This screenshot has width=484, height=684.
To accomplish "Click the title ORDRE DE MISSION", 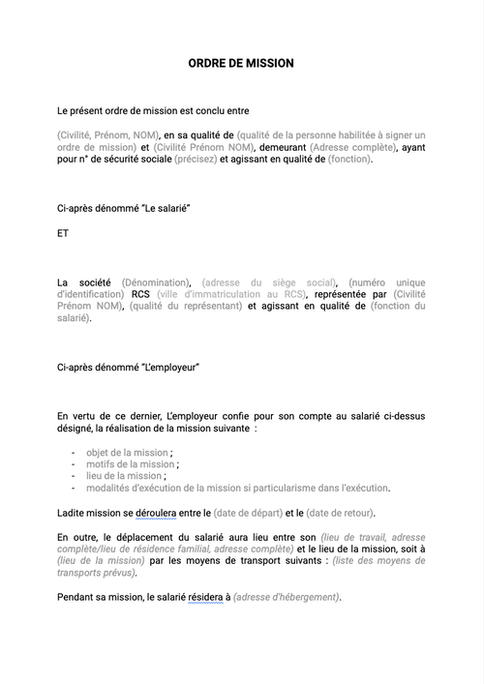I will click(241, 64).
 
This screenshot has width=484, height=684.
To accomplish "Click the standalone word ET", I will click(64, 233).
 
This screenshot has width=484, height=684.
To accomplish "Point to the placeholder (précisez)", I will click(196, 159).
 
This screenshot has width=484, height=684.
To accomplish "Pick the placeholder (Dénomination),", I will click(157, 282).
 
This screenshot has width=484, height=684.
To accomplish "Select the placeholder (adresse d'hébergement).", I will click(287, 597).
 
